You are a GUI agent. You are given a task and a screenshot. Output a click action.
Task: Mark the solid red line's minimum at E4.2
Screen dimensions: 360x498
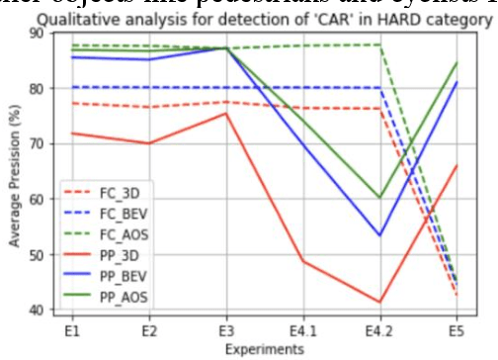coord(379,302)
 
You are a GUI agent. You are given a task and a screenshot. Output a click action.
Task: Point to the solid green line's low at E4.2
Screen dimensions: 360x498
coord(379,198)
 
